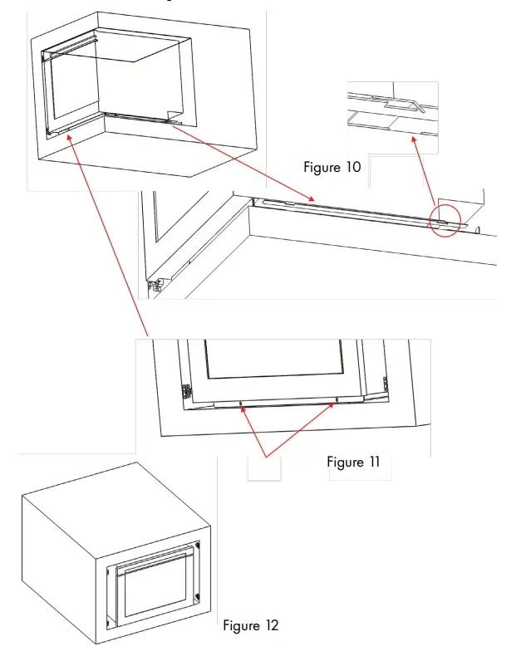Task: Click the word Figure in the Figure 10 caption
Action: coord(322,168)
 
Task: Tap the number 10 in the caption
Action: coord(352,168)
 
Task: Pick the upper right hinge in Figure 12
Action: coord(198,549)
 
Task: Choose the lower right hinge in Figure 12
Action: coord(197,595)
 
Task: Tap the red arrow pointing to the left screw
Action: coord(253,433)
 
